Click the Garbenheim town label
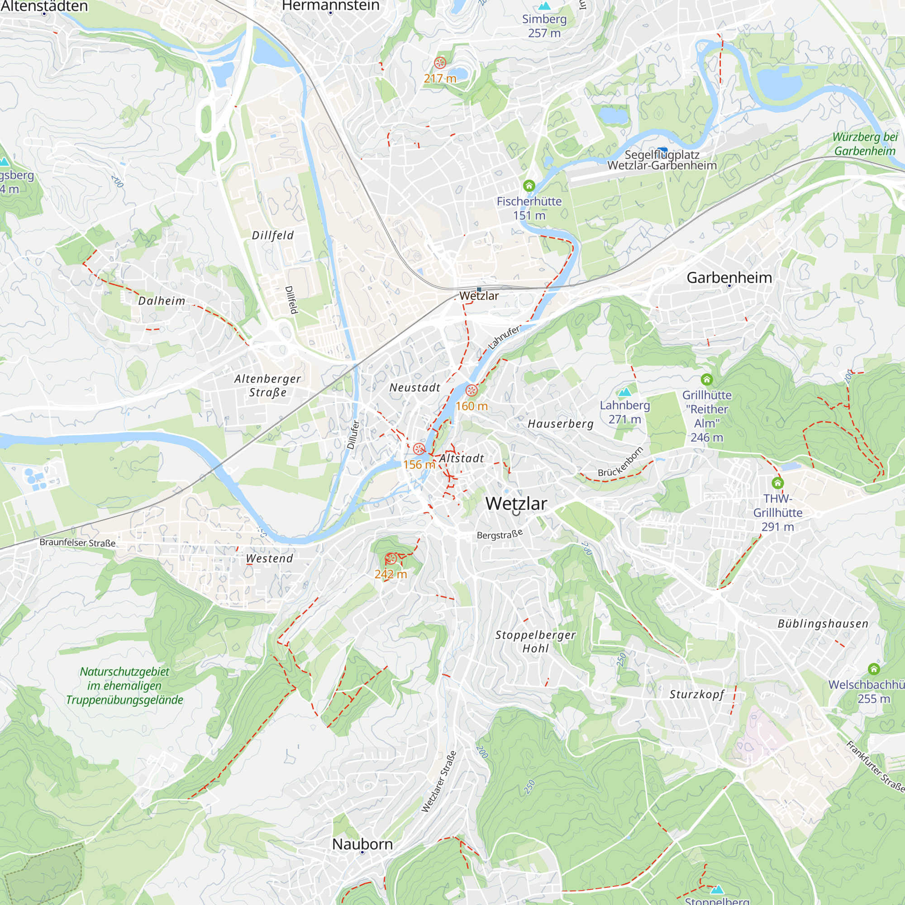pos(729,277)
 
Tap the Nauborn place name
pos(362,844)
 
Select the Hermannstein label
pos(330,5)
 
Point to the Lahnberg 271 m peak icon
pos(624,391)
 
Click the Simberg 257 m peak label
pos(544,26)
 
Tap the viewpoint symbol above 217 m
pos(440,62)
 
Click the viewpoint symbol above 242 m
pos(391,558)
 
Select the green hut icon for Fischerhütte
pos(529,186)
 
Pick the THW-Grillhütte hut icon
pos(777,482)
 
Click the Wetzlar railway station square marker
pos(479,290)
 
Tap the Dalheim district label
pos(162,301)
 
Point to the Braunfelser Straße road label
pos(77,543)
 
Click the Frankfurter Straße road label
pos(875,767)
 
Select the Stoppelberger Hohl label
pos(535,641)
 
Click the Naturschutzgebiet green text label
pos(124,685)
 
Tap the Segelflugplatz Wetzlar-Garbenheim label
pos(662,160)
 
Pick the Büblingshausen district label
pos(823,624)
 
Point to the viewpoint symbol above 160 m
pos(471,390)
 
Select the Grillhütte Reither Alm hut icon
pos(706,380)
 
